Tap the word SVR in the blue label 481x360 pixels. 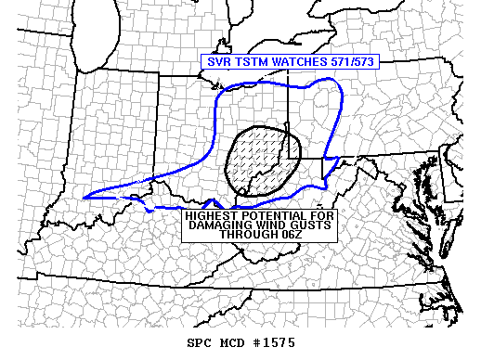click(216, 62)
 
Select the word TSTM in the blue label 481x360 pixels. click(245, 62)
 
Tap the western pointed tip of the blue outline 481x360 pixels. click(84, 197)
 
